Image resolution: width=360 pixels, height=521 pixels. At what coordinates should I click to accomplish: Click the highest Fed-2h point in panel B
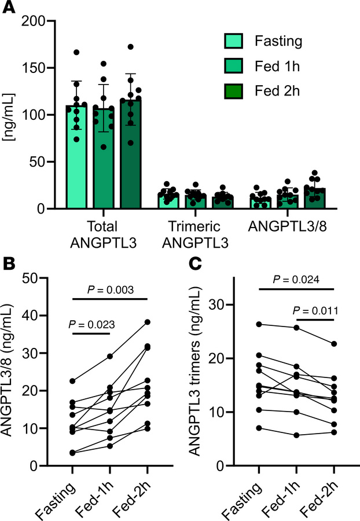(x=147, y=322)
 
